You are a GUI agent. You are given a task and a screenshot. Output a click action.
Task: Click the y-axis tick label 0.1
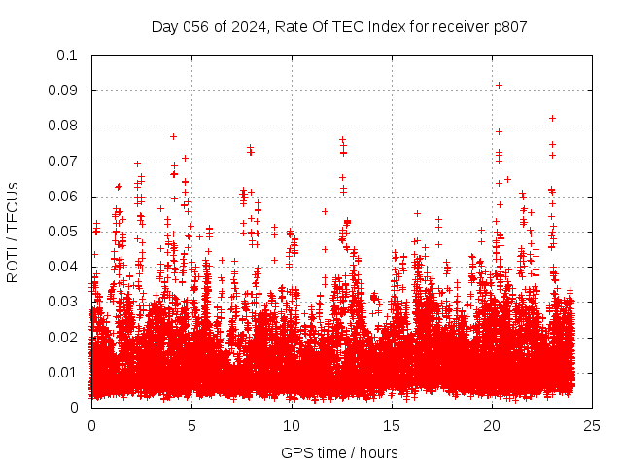click(69, 55)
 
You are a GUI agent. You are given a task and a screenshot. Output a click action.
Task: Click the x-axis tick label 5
click(191, 425)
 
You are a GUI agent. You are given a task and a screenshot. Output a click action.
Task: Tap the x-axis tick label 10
click(292, 425)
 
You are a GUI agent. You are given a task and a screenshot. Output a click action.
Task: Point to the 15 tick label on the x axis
click(392, 425)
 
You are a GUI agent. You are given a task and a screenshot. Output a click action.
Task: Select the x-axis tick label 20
click(492, 425)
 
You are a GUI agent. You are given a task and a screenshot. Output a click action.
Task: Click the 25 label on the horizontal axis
click(592, 425)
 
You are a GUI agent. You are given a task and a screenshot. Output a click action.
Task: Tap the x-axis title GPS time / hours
click(341, 452)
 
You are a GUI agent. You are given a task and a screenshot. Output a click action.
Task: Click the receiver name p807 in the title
click(508, 26)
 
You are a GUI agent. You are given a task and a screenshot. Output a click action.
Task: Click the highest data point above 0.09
click(499, 85)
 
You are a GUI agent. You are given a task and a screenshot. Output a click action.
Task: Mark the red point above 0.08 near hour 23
click(552, 118)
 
